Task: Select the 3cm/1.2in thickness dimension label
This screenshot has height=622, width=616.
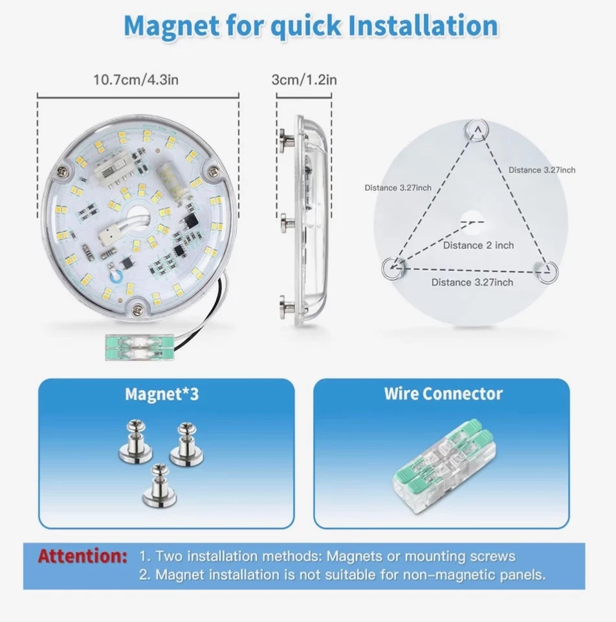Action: click(x=304, y=80)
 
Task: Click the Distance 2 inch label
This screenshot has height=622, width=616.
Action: click(x=478, y=246)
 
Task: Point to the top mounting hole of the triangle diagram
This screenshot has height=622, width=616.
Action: click(x=476, y=130)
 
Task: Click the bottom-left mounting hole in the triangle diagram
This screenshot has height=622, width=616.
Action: click(x=393, y=267)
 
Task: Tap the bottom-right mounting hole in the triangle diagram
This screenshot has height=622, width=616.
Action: click(x=547, y=271)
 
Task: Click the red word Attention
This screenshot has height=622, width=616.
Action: click(x=82, y=556)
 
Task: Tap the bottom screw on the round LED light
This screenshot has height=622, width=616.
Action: click(x=137, y=310)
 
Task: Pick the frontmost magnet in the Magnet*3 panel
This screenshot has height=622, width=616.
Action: click(x=155, y=485)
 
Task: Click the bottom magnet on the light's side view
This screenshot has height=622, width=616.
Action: click(x=286, y=303)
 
